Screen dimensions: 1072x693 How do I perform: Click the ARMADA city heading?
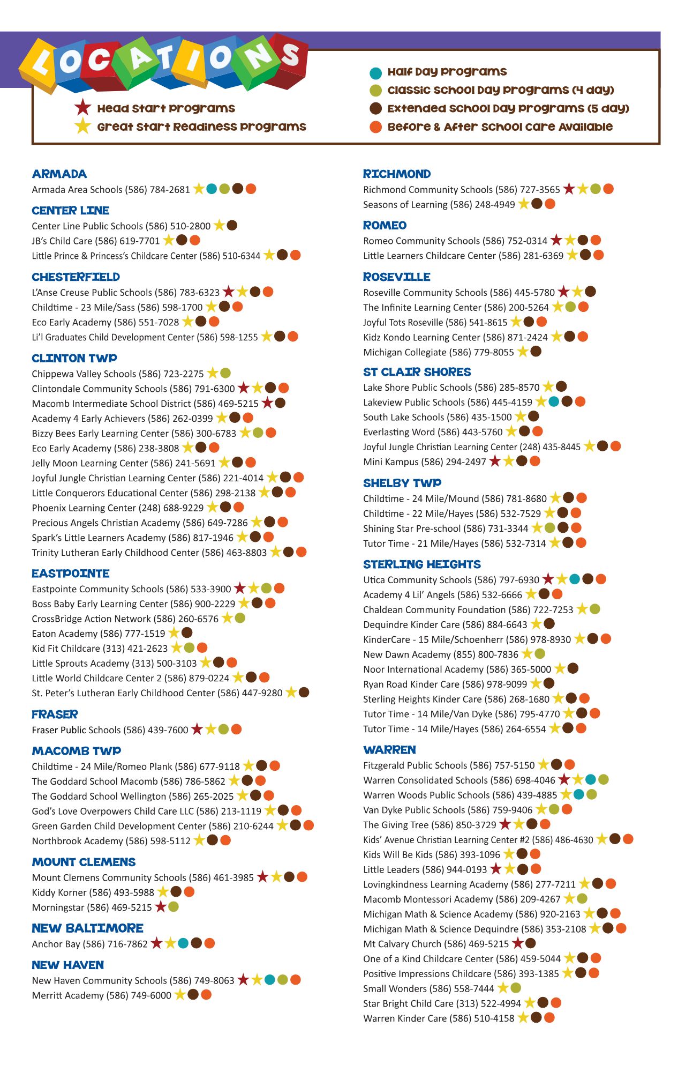[x=59, y=174]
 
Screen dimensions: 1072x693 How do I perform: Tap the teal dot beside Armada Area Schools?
[x=212, y=189]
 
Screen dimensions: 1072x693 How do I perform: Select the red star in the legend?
[x=82, y=108]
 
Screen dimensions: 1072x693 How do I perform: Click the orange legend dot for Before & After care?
[x=375, y=127]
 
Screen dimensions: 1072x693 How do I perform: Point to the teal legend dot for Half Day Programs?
[x=375, y=72]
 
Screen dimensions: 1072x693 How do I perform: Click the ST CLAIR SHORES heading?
[x=417, y=372]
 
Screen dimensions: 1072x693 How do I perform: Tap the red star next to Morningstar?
[x=160, y=907]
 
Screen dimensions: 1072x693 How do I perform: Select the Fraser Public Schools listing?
[x=110, y=729]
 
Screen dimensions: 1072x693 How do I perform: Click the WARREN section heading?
[x=389, y=750]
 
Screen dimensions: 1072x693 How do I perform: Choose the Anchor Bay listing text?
[x=89, y=944]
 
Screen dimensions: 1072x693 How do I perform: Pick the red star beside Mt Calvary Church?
[x=517, y=943]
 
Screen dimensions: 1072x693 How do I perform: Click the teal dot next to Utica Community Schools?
[x=575, y=579]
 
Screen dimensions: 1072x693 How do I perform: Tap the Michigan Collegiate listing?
[x=438, y=352]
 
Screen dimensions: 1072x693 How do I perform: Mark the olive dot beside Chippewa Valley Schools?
[x=225, y=373]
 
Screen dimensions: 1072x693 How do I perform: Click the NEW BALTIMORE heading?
[x=87, y=928]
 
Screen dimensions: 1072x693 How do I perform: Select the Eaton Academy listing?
[x=99, y=634]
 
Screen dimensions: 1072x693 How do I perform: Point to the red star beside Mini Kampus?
[x=495, y=461]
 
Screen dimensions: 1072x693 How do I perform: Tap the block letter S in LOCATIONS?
[x=290, y=55]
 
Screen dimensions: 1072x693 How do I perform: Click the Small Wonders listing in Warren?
[x=428, y=988]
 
